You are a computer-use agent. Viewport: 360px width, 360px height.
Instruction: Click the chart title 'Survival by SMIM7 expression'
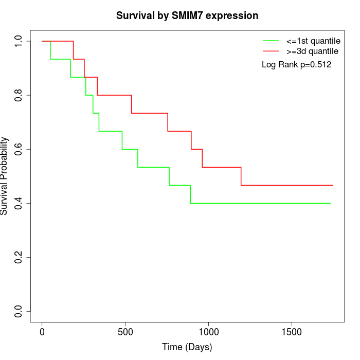187,15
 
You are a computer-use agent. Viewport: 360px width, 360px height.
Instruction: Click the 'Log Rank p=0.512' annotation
296,65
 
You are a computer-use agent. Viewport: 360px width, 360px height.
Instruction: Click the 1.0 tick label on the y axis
19,41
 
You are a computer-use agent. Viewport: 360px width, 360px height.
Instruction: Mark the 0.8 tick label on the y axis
19,95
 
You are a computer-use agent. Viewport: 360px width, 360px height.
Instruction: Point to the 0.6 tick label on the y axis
19,149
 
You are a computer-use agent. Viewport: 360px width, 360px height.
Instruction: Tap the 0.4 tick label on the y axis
19,203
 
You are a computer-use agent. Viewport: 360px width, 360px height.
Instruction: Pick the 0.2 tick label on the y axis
19,257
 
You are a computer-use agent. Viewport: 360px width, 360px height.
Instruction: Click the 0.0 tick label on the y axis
19,311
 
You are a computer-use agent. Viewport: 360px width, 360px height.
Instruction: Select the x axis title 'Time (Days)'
187,347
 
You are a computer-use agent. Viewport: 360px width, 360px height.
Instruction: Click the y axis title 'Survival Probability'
5,176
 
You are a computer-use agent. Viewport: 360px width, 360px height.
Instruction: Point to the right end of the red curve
333,185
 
